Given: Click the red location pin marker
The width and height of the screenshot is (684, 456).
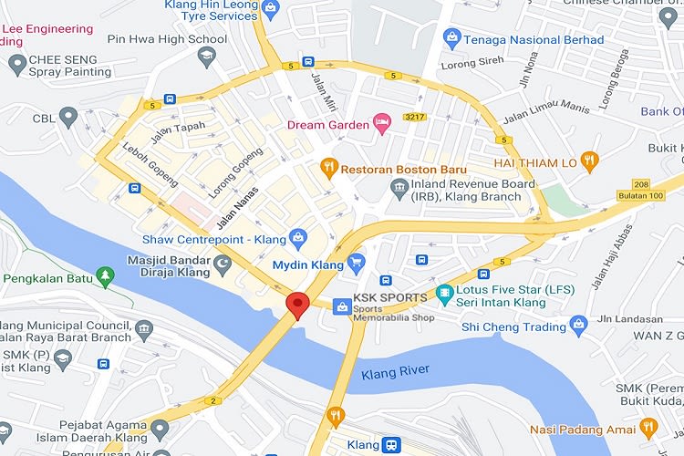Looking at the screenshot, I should [296, 305].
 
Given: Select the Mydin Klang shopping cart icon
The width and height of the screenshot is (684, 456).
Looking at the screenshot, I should [357, 264].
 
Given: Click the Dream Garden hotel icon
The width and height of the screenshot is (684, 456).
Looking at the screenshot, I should [383, 124].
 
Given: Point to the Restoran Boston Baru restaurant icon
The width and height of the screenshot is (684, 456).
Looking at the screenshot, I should [327, 169].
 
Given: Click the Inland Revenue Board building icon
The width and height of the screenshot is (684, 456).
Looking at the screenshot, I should [398, 189].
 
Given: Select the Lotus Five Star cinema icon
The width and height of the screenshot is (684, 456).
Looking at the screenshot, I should [444, 295].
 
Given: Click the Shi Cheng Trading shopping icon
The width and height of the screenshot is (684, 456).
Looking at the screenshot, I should [577, 324].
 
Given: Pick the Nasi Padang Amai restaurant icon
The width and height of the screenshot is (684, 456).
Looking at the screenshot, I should [648, 428].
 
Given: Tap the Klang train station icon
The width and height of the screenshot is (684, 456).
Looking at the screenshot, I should [390, 444].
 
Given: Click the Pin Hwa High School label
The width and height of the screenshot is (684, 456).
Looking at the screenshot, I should [167, 39].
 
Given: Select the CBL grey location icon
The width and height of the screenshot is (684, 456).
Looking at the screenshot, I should [68, 117].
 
